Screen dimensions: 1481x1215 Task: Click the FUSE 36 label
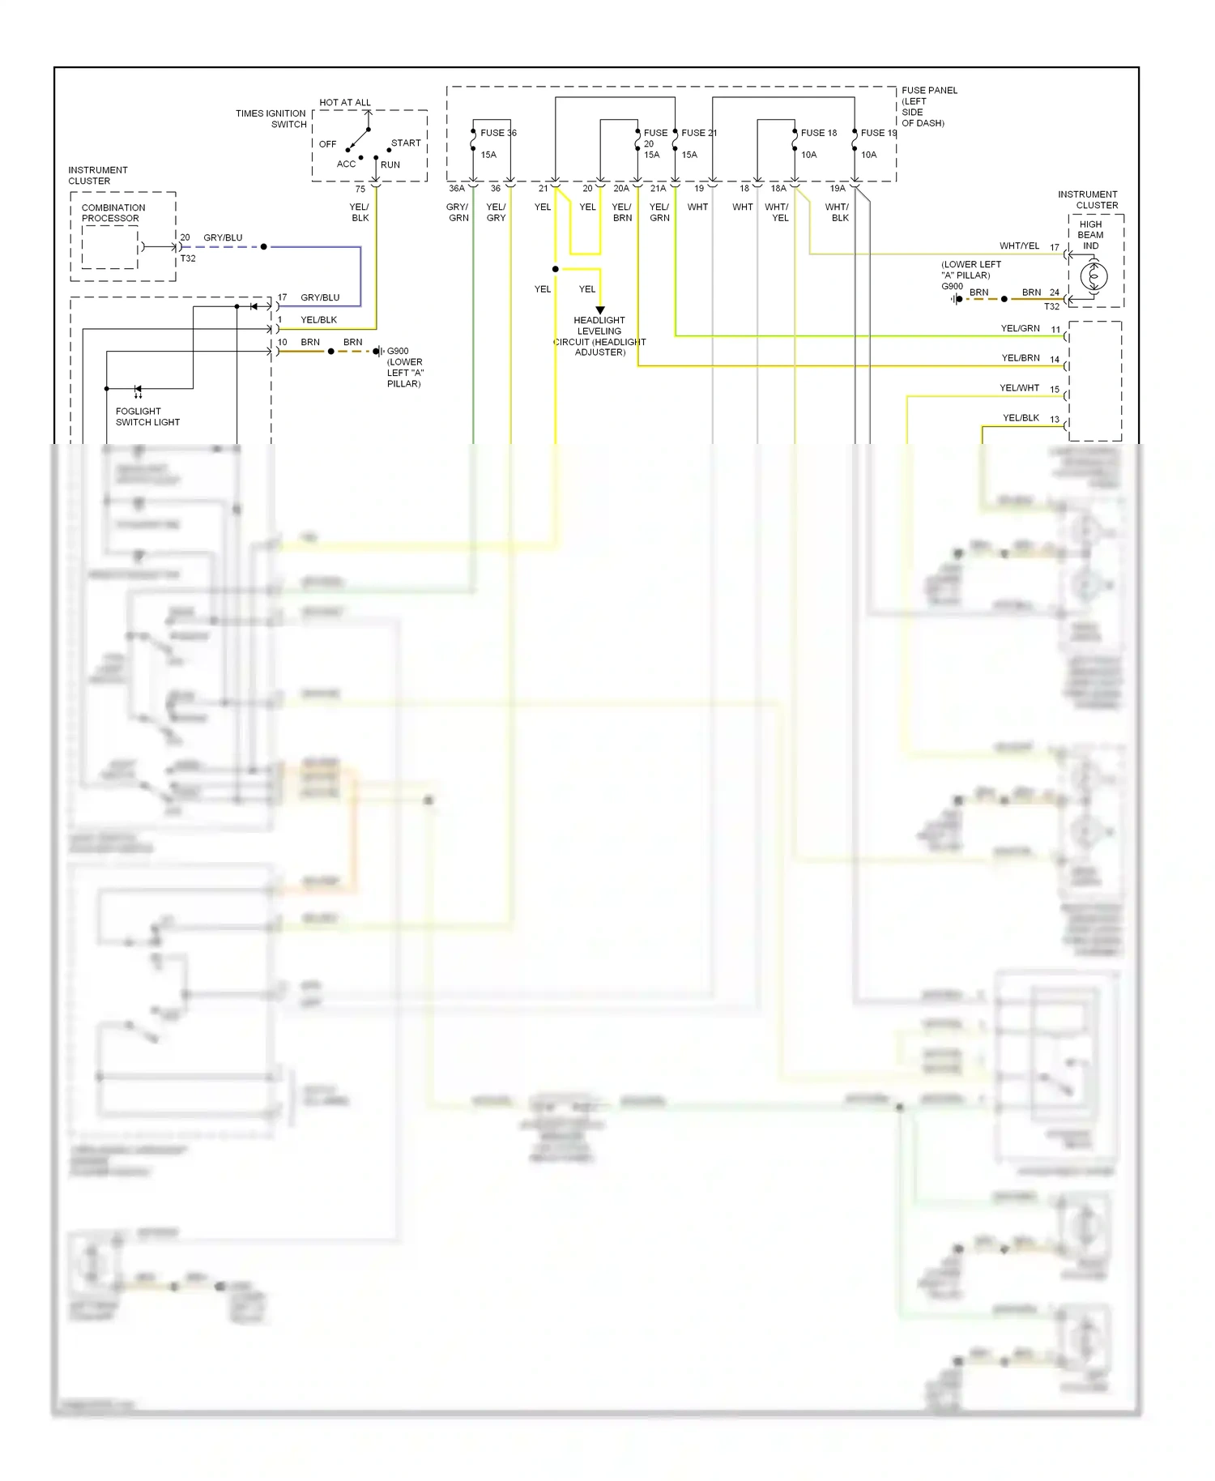(498, 133)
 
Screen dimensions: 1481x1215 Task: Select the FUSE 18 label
(818, 133)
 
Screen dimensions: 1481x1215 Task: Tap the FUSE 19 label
(878, 133)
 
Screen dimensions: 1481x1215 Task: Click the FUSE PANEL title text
(928, 91)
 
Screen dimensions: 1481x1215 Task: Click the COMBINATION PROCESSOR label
(113, 213)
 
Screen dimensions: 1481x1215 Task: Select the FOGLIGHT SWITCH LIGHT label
(147, 416)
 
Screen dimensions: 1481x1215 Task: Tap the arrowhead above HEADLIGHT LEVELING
(600, 310)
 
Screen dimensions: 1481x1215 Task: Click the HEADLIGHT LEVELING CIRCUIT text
(599, 336)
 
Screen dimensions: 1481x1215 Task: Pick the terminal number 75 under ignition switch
(360, 189)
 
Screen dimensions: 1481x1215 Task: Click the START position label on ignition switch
(406, 143)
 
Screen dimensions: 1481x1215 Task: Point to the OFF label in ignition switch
(327, 144)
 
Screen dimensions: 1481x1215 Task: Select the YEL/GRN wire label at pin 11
(1020, 329)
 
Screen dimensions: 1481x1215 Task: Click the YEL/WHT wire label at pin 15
(1019, 388)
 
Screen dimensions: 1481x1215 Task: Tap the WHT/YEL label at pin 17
(1019, 246)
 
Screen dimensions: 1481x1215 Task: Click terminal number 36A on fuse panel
(457, 189)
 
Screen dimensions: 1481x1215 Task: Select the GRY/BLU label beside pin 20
(223, 238)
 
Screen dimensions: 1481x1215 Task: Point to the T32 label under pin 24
(1051, 307)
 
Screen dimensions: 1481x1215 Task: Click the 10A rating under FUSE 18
(808, 155)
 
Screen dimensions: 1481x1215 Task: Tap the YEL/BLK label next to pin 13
(1021, 418)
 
